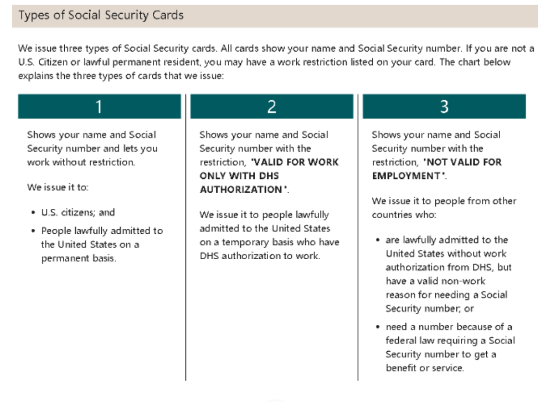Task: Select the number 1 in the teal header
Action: tap(99, 106)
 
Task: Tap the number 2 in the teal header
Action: tap(271, 106)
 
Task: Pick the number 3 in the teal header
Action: tap(444, 106)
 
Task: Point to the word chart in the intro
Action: tap(470, 62)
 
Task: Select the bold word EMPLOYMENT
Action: tap(406, 176)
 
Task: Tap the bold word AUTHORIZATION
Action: tap(241, 190)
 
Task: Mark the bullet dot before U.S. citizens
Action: tap(33, 212)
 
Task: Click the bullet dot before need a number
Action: tap(377, 327)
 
